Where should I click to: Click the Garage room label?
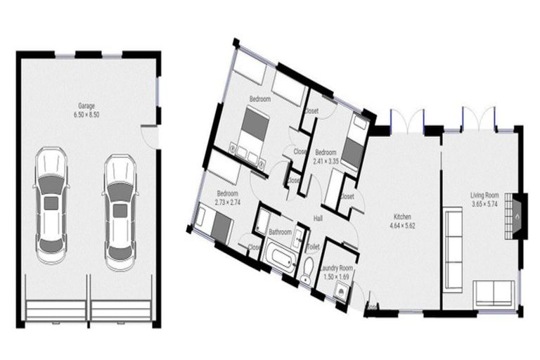88,105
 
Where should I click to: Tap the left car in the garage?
51,204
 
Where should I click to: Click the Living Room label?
484,195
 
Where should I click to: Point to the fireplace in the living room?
518,216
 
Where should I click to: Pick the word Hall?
318,219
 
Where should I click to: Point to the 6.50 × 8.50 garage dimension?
88,114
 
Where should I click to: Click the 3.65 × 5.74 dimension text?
484,204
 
